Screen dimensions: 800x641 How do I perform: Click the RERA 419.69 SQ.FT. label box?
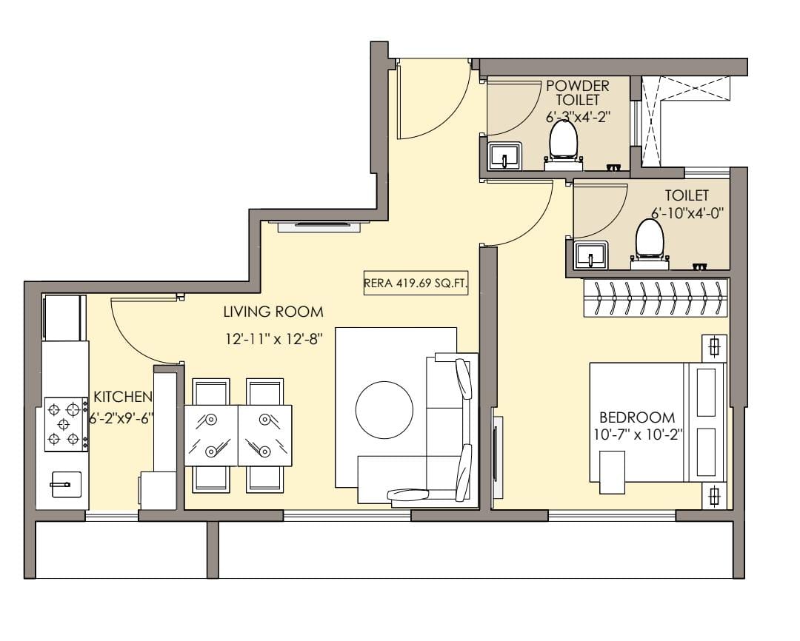[416, 283]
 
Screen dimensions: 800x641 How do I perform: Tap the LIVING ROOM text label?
[273, 312]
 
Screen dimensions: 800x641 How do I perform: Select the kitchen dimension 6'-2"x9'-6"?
[121, 419]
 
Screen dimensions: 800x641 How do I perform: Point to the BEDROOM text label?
[637, 417]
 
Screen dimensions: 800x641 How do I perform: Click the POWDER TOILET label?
[578, 93]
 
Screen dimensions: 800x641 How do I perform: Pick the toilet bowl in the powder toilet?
[563, 144]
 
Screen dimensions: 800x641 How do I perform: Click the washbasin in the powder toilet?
[504, 156]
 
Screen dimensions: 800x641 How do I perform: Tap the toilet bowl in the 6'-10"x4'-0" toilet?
[650, 244]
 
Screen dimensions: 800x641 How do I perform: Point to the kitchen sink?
[65, 484]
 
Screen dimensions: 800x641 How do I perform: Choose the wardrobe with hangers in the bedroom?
[656, 298]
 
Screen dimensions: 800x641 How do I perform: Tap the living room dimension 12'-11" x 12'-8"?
[273, 338]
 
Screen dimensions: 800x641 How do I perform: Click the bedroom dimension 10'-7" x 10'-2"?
[638, 434]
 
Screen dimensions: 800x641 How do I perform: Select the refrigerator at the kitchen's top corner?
[64, 318]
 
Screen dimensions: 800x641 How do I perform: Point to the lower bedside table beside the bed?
[714, 495]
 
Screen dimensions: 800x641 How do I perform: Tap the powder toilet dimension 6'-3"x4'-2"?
[578, 117]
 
